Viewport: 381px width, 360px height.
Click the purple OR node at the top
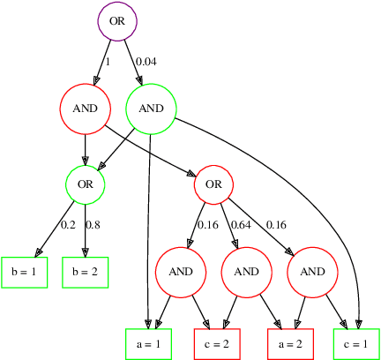[x=116, y=20]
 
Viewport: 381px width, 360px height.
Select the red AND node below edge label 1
[x=85, y=109]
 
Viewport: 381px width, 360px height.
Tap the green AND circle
[x=152, y=109]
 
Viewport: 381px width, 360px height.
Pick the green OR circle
[x=85, y=184]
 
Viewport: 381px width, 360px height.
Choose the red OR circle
[x=213, y=184]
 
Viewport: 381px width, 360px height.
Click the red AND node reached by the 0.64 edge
[x=246, y=271]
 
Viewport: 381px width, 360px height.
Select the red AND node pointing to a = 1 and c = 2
[x=181, y=271]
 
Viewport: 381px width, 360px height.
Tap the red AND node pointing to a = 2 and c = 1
[x=313, y=271]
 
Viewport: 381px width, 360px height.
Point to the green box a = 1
[x=148, y=343]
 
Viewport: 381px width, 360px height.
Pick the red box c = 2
[x=217, y=343]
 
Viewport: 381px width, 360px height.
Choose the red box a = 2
[x=289, y=343]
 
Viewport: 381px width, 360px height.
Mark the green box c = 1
[x=356, y=343]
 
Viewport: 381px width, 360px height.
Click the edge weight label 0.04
[x=147, y=63]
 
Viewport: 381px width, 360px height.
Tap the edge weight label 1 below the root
[x=108, y=63]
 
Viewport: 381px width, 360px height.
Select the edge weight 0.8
[x=93, y=225]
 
